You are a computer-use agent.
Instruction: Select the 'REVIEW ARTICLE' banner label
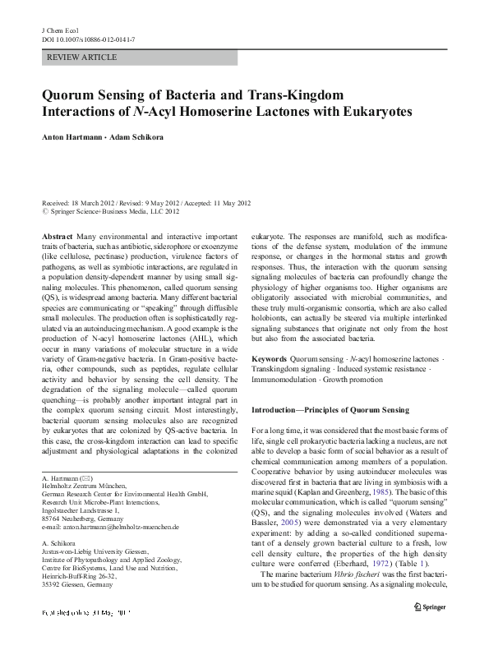tap(82, 58)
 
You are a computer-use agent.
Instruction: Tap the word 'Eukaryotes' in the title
tap(365, 111)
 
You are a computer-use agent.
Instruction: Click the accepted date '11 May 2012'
tap(231, 202)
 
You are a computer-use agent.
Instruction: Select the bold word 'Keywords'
tap(269, 359)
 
